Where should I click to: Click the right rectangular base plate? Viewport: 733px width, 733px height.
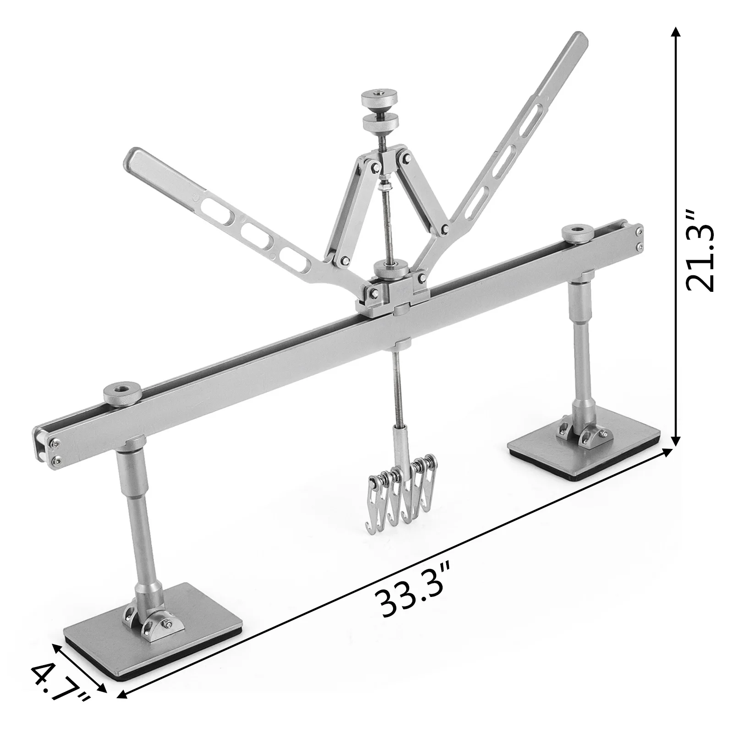click(x=584, y=451)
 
